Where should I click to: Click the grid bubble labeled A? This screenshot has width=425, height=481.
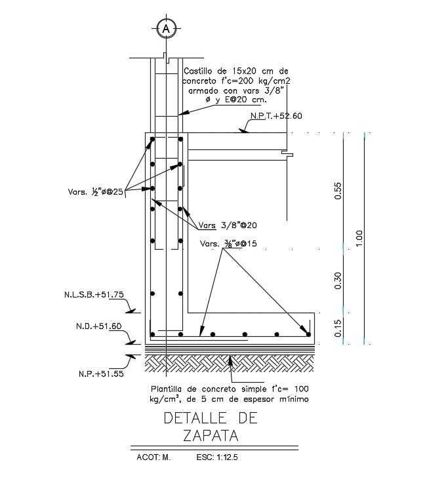[x=167, y=28]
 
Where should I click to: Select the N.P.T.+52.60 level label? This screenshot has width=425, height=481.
[x=275, y=116]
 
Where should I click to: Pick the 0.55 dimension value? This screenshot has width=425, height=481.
[x=338, y=190]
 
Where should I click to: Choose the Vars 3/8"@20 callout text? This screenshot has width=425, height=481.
[x=229, y=225]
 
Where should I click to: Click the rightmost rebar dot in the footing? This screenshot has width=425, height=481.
[x=308, y=335]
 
